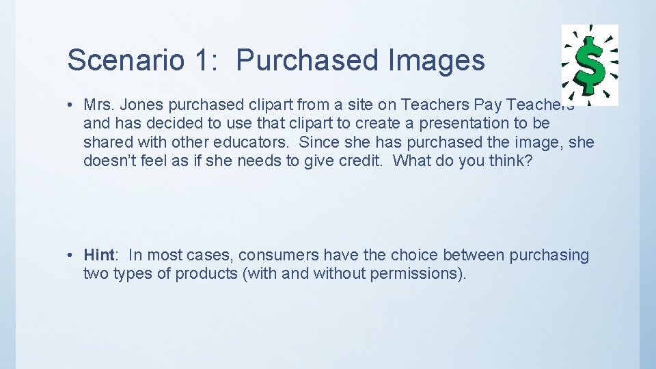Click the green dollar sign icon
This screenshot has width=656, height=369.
click(590, 65)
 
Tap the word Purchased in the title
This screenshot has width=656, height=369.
click(307, 60)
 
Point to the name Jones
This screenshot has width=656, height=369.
click(139, 105)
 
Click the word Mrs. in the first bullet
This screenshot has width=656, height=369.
click(98, 105)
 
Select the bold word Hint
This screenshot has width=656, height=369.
click(99, 255)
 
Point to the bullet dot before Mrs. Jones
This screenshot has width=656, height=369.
click(71, 105)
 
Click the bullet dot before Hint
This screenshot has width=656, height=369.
click(71, 256)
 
